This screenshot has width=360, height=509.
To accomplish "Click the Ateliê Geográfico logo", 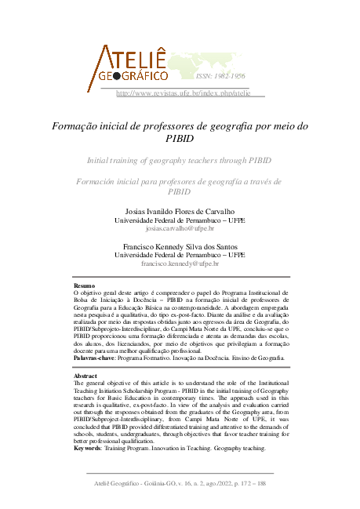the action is (x=131, y=64).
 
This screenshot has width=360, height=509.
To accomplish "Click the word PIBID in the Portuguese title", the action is (x=180, y=139).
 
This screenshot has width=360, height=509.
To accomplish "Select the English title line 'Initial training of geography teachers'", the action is (x=180, y=160).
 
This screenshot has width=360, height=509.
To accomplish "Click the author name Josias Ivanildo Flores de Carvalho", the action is (x=180, y=212).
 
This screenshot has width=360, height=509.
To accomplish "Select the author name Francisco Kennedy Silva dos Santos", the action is (x=180, y=246).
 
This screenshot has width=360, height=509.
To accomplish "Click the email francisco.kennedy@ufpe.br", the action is (x=180, y=264).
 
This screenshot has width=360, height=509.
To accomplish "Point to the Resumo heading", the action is (x=84, y=286).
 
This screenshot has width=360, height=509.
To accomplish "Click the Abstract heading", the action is (x=85, y=376).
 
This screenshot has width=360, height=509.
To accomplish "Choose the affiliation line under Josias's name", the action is (x=180, y=220).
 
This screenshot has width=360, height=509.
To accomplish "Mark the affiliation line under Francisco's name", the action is (x=180, y=255).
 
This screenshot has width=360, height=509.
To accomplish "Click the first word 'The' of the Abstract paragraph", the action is (x=78, y=384).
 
